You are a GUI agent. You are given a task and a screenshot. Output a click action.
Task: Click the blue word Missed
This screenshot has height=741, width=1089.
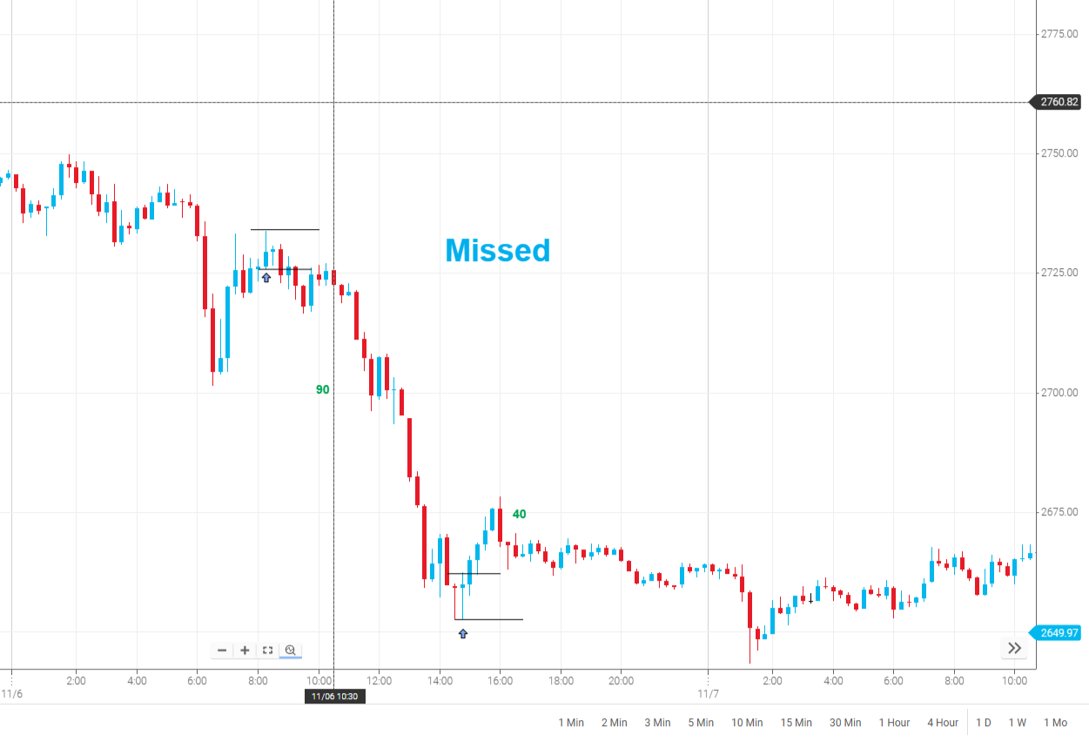tap(498, 251)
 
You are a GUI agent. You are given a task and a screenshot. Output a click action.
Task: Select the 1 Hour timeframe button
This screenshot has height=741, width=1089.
tap(894, 723)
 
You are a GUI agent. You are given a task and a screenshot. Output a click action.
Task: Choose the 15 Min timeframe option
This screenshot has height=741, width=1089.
tap(796, 723)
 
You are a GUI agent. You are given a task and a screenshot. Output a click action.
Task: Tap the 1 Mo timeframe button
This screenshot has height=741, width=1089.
tap(1055, 723)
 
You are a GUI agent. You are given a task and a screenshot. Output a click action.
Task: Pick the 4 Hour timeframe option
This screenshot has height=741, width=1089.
tap(943, 723)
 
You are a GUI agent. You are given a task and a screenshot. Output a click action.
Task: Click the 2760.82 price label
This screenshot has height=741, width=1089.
tap(1059, 103)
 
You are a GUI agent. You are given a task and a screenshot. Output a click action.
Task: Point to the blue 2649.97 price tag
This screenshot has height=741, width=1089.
tap(1059, 633)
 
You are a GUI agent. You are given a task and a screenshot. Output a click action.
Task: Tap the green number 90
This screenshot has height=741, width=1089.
tap(323, 390)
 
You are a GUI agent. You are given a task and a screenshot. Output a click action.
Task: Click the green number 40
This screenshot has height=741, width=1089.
tap(519, 515)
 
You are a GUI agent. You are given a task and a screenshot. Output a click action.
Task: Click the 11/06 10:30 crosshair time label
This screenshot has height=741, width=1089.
tap(334, 697)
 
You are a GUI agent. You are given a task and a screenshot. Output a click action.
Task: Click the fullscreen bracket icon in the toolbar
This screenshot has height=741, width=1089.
tap(268, 650)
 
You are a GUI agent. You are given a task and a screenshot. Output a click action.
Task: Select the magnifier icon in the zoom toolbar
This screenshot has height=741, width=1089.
tap(291, 650)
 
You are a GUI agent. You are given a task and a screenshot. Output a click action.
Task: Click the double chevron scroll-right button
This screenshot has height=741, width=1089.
tap(1014, 648)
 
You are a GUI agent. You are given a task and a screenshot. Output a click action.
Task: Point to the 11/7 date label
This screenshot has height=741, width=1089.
tap(709, 694)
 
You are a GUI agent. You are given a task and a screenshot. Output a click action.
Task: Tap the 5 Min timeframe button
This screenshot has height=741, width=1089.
tap(701, 723)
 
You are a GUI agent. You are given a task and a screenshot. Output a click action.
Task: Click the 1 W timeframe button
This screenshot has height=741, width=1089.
tap(1018, 723)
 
